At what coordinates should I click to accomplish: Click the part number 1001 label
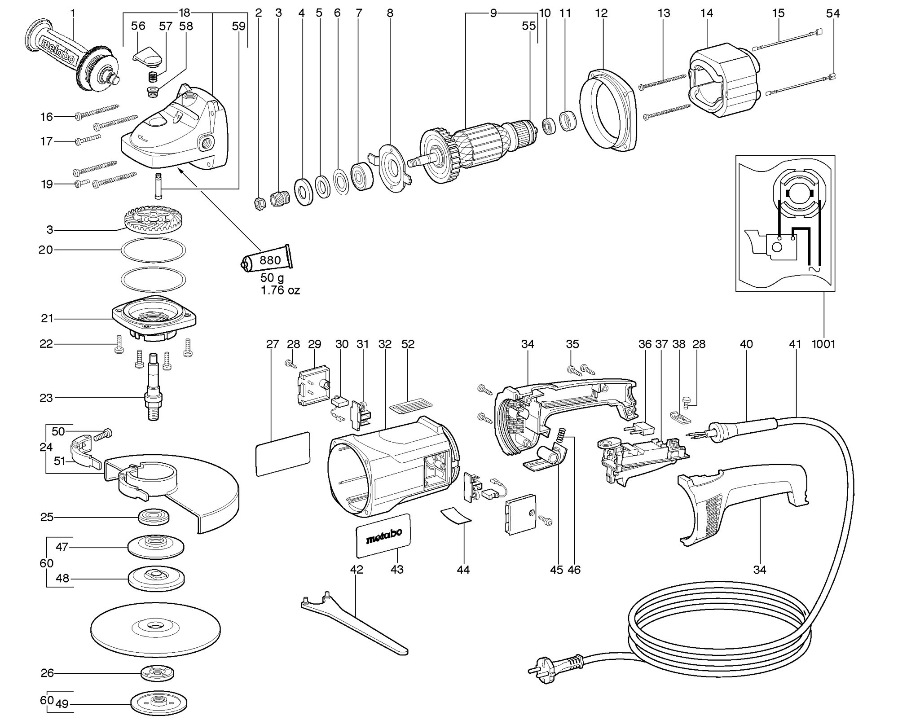click(x=823, y=344)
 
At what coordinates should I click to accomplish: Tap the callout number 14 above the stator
click(x=706, y=13)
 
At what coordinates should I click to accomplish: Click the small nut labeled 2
click(x=259, y=203)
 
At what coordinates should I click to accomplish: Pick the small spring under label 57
click(x=153, y=77)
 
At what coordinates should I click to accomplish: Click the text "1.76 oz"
click(x=280, y=290)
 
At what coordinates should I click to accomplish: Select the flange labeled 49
click(x=158, y=703)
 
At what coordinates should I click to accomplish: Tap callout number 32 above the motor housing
click(x=385, y=344)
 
